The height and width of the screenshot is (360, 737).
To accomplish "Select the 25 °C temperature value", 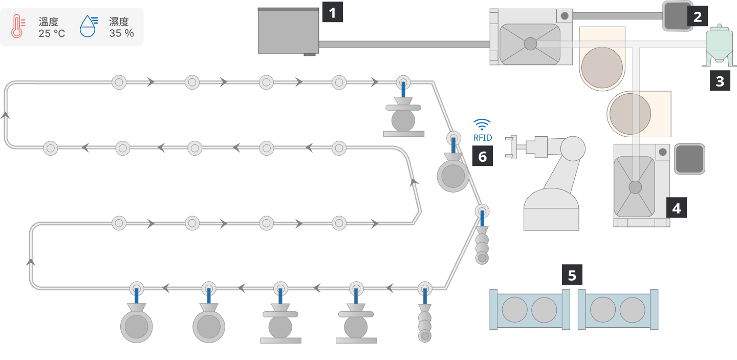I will (x=52, y=33).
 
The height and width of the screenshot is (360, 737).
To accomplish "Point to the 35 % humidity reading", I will (x=121, y=33).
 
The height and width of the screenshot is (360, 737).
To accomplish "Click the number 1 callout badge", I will (x=332, y=12).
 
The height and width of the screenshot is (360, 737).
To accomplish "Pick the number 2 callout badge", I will (x=697, y=16).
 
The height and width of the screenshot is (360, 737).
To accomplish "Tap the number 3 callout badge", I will (x=720, y=81).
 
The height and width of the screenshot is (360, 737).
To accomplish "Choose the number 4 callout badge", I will (x=676, y=208).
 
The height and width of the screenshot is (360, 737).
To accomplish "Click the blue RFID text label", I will (x=482, y=138).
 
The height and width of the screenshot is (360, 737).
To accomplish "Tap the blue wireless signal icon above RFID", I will (x=482, y=124).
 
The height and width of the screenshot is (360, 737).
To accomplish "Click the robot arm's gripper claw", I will (x=511, y=147).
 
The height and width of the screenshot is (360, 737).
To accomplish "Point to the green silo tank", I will (x=719, y=46).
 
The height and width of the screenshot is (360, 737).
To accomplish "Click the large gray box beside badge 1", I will (x=288, y=30).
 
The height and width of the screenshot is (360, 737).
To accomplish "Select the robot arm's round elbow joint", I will (x=573, y=149).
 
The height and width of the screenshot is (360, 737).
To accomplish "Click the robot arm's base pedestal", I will (x=551, y=210).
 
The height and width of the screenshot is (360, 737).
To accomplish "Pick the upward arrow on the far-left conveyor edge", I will (x=6, y=115).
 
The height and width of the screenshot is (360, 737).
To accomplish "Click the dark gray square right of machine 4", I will (x=689, y=159).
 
